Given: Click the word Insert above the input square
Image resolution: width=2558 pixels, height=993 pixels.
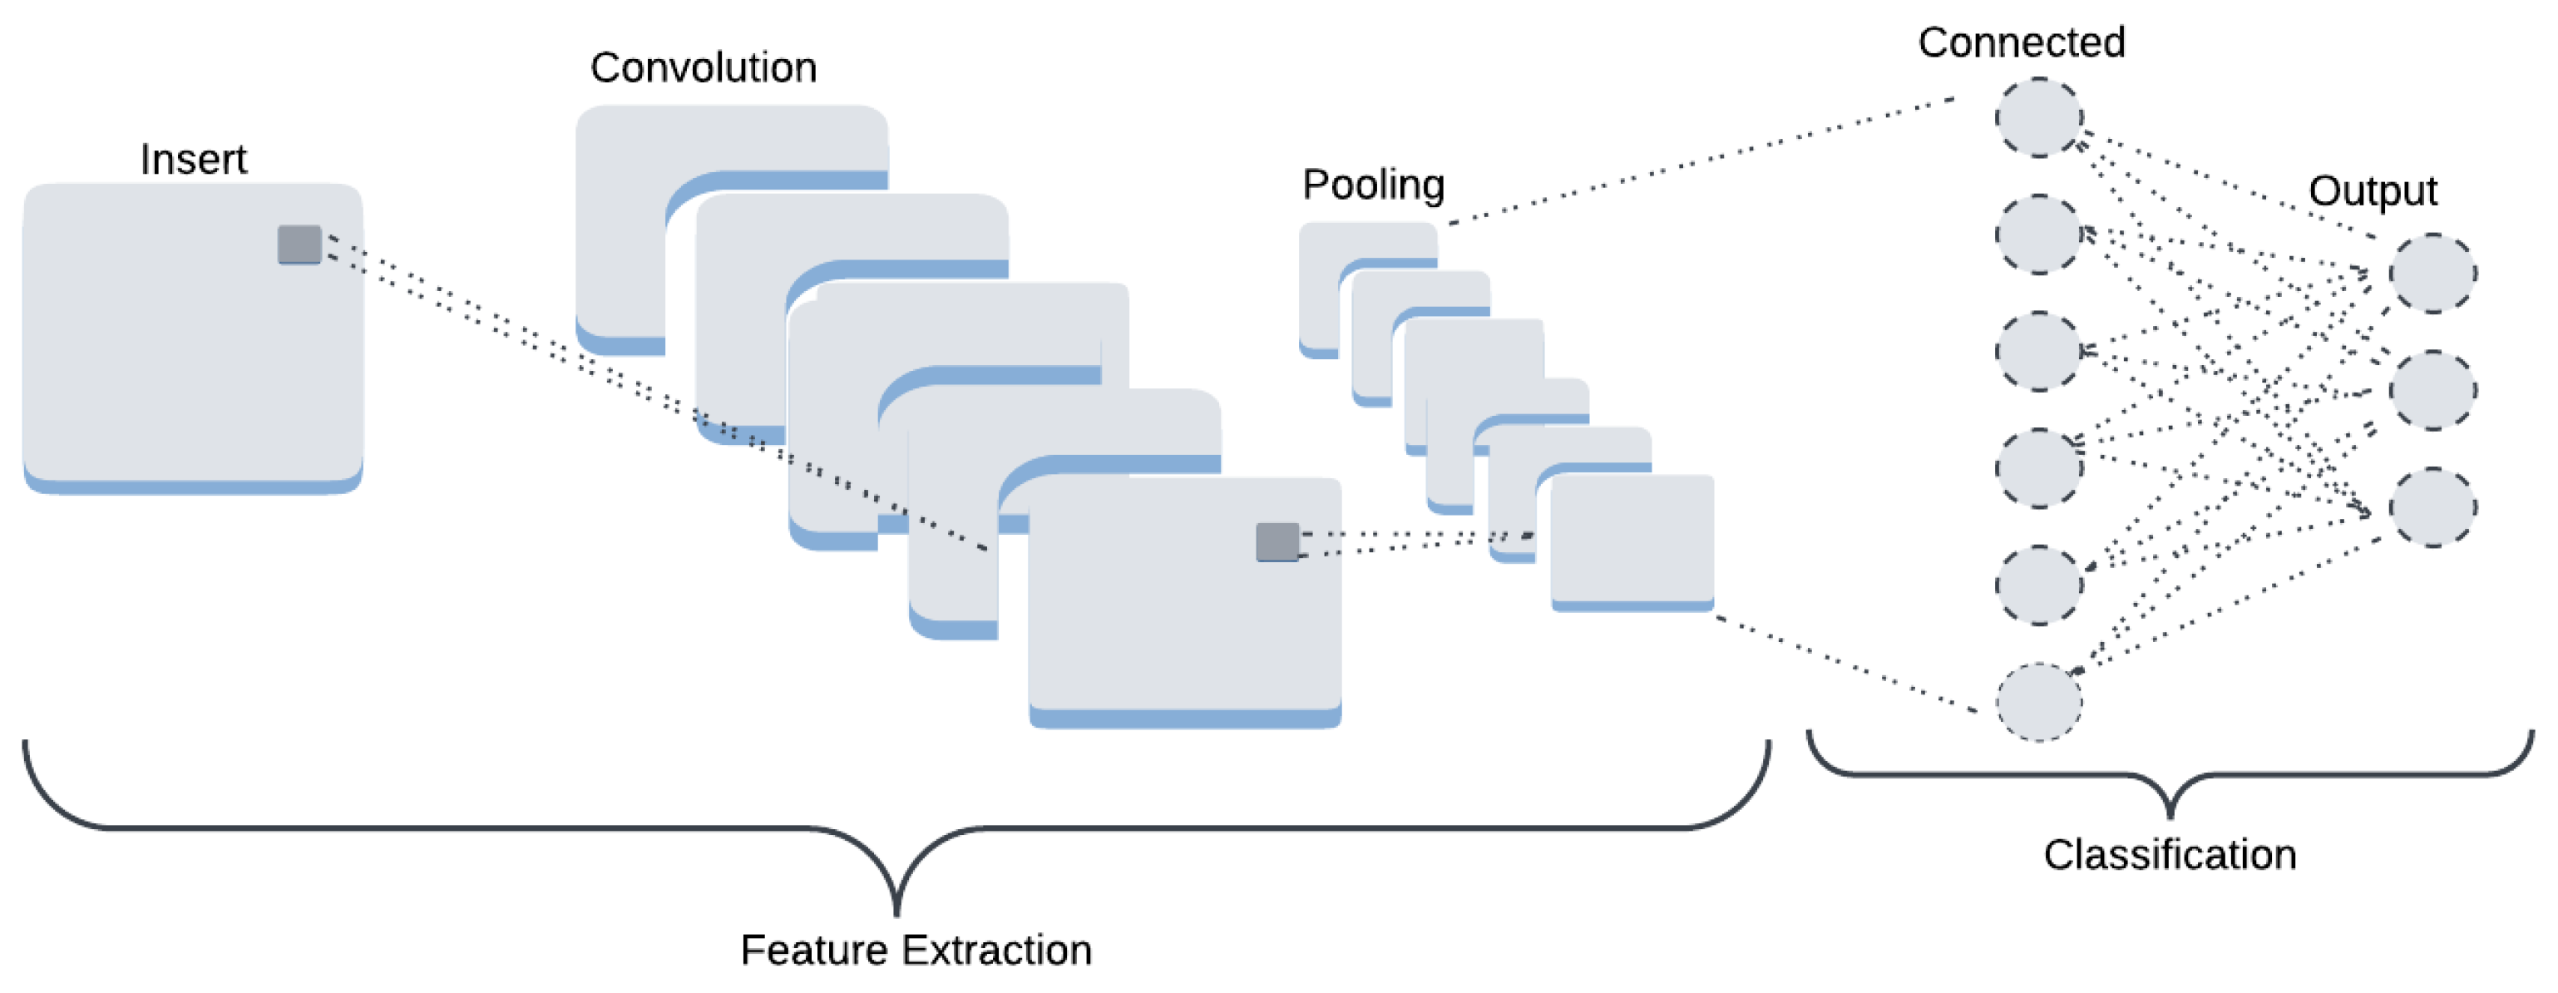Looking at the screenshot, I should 193,159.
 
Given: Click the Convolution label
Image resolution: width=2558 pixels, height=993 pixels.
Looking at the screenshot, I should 703,67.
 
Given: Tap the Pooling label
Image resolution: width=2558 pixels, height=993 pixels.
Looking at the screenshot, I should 1373,185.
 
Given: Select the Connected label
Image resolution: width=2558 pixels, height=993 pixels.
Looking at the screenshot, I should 2021,42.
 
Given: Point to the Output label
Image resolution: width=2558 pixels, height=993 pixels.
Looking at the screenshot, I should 2373,190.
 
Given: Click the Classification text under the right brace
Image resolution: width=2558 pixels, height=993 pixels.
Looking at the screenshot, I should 2170,855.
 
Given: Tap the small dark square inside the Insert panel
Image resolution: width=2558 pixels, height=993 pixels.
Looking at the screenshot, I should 299,245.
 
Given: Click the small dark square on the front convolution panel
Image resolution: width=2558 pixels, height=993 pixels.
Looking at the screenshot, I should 1277,542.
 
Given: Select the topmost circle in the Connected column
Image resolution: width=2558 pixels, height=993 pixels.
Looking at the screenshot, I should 2038,118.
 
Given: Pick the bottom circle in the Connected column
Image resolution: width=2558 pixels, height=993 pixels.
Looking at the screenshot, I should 2038,702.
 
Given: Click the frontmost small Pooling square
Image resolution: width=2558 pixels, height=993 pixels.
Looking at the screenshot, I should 1632,541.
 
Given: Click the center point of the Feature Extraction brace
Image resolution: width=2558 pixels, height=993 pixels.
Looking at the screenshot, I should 896,909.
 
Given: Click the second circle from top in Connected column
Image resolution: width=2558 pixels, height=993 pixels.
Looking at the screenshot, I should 2038,235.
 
